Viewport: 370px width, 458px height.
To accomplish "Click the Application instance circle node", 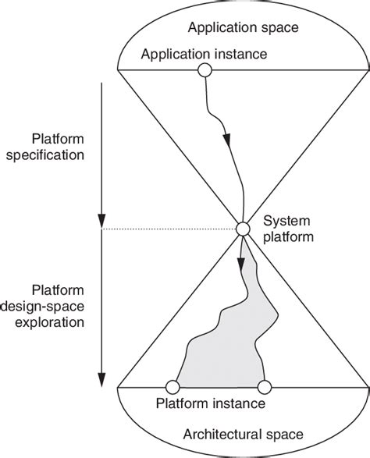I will click(x=205, y=71).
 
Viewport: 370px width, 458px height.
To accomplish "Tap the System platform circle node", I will click(x=243, y=229).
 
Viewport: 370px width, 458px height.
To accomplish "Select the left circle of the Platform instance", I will click(x=173, y=386).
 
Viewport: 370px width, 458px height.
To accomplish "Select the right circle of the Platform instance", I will click(x=264, y=386).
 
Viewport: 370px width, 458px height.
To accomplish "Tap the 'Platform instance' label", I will click(x=211, y=405).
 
